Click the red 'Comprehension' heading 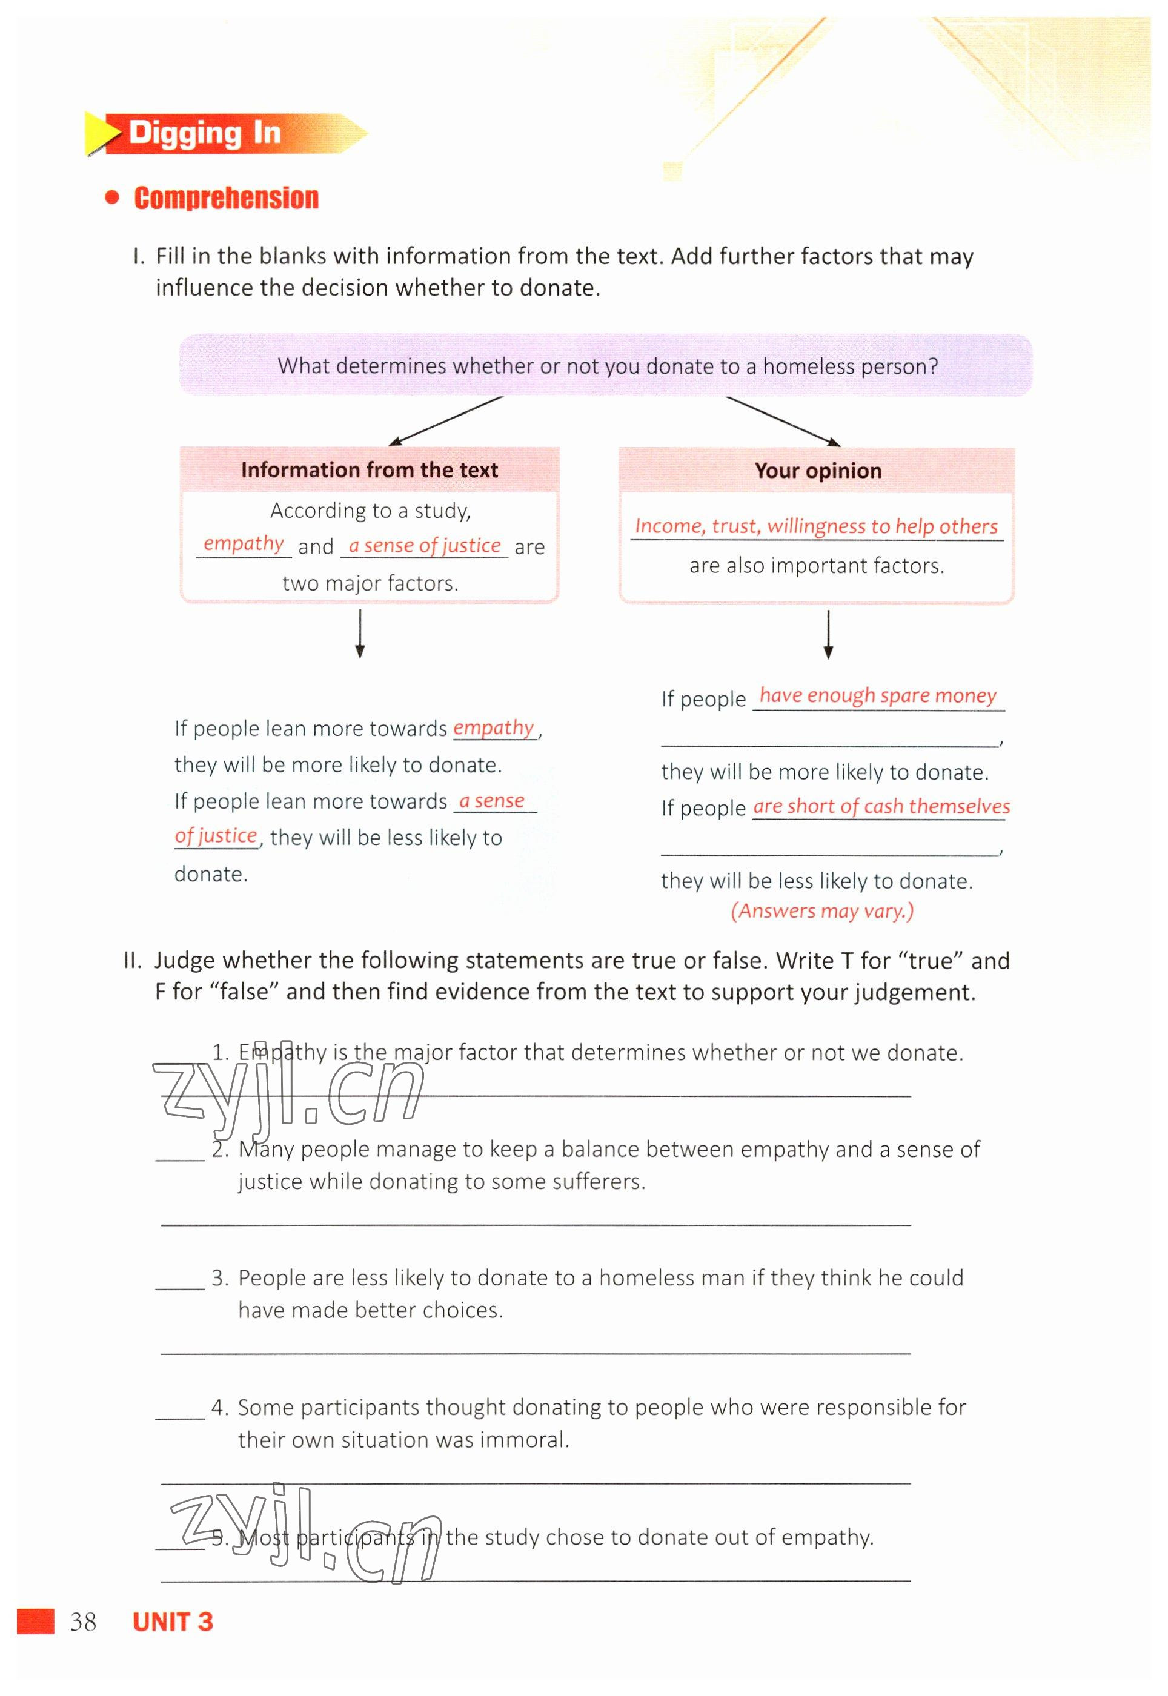pos(226,198)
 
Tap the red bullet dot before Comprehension pos(112,197)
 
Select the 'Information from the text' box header pos(369,469)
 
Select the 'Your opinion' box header pos(817,471)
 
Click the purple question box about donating pos(606,366)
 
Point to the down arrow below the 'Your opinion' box pos(828,634)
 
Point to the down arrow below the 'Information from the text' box pos(359,634)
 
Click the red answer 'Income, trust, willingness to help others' pos(816,526)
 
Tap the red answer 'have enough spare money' pos(877,695)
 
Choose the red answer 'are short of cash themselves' pos(881,806)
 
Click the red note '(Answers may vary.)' pos(822,911)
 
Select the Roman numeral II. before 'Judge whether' pos(133,961)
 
